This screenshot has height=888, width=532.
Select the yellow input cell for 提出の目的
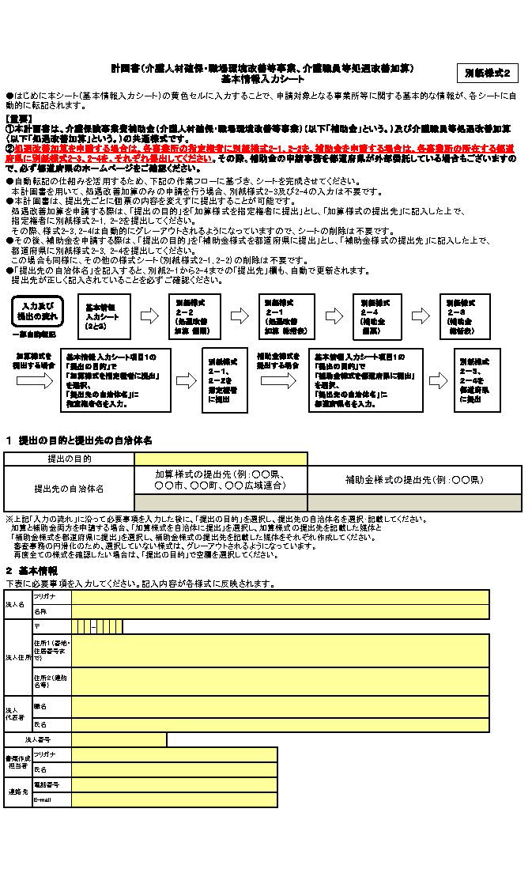point(221,459)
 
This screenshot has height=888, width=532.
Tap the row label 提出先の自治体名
point(69,489)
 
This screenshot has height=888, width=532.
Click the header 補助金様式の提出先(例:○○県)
point(414,480)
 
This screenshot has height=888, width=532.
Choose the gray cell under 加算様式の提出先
point(221,503)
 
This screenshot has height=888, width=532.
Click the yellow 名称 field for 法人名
point(280,612)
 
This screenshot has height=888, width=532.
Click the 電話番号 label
point(46,784)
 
